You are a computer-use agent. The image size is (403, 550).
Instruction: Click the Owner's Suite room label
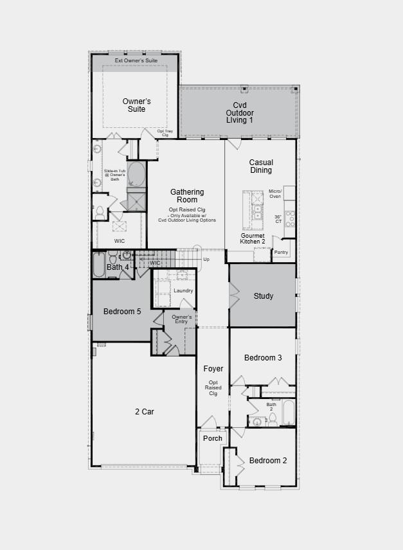coord(136,105)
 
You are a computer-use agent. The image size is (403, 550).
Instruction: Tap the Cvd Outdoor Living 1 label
coord(239,112)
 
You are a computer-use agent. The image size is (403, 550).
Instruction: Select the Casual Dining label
coord(261,166)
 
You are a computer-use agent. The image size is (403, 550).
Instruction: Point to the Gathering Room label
coord(187,196)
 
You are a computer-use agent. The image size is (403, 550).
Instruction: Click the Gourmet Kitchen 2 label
coord(253,239)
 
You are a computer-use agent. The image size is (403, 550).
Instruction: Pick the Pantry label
coord(281,253)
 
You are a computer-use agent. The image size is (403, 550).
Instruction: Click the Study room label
coord(264,296)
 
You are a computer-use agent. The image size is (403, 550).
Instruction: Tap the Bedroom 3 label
coord(263,358)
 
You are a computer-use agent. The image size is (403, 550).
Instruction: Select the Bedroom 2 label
coord(268,461)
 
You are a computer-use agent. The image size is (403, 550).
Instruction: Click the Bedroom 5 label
coord(122,312)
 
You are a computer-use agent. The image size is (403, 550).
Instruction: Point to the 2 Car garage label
coord(144,412)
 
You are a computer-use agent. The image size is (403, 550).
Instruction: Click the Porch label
coord(213,438)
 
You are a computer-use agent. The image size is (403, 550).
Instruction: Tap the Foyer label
coord(213,369)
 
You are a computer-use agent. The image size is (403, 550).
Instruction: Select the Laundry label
coord(183,291)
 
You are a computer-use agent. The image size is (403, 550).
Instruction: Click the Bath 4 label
coord(118,267)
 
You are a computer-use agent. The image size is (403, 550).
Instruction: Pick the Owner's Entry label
coord(182,319)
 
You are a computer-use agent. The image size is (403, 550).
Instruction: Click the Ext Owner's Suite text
coord(136,60)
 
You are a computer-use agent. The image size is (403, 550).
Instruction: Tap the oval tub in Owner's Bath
coord(136,174)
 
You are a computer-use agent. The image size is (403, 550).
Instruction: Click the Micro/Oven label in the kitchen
coord(275,193)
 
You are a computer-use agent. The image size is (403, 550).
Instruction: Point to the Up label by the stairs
coord(206,260)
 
